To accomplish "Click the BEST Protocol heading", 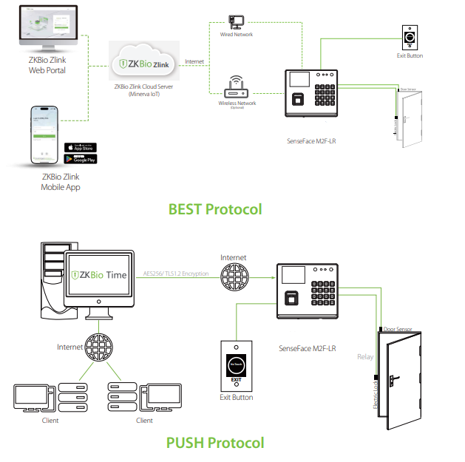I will coord(215,209).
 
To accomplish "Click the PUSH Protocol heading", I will coord(215,443).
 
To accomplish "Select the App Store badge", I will coord(81,147).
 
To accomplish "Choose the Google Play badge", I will coord(81,159).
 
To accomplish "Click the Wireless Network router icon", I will coord(237,86).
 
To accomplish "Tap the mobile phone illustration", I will coord(45,136).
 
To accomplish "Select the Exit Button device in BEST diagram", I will coord(409,36).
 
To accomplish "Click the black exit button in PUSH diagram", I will coord(236,367).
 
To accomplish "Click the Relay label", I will coord(364,356).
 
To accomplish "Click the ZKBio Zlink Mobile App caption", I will coord(61,183).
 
